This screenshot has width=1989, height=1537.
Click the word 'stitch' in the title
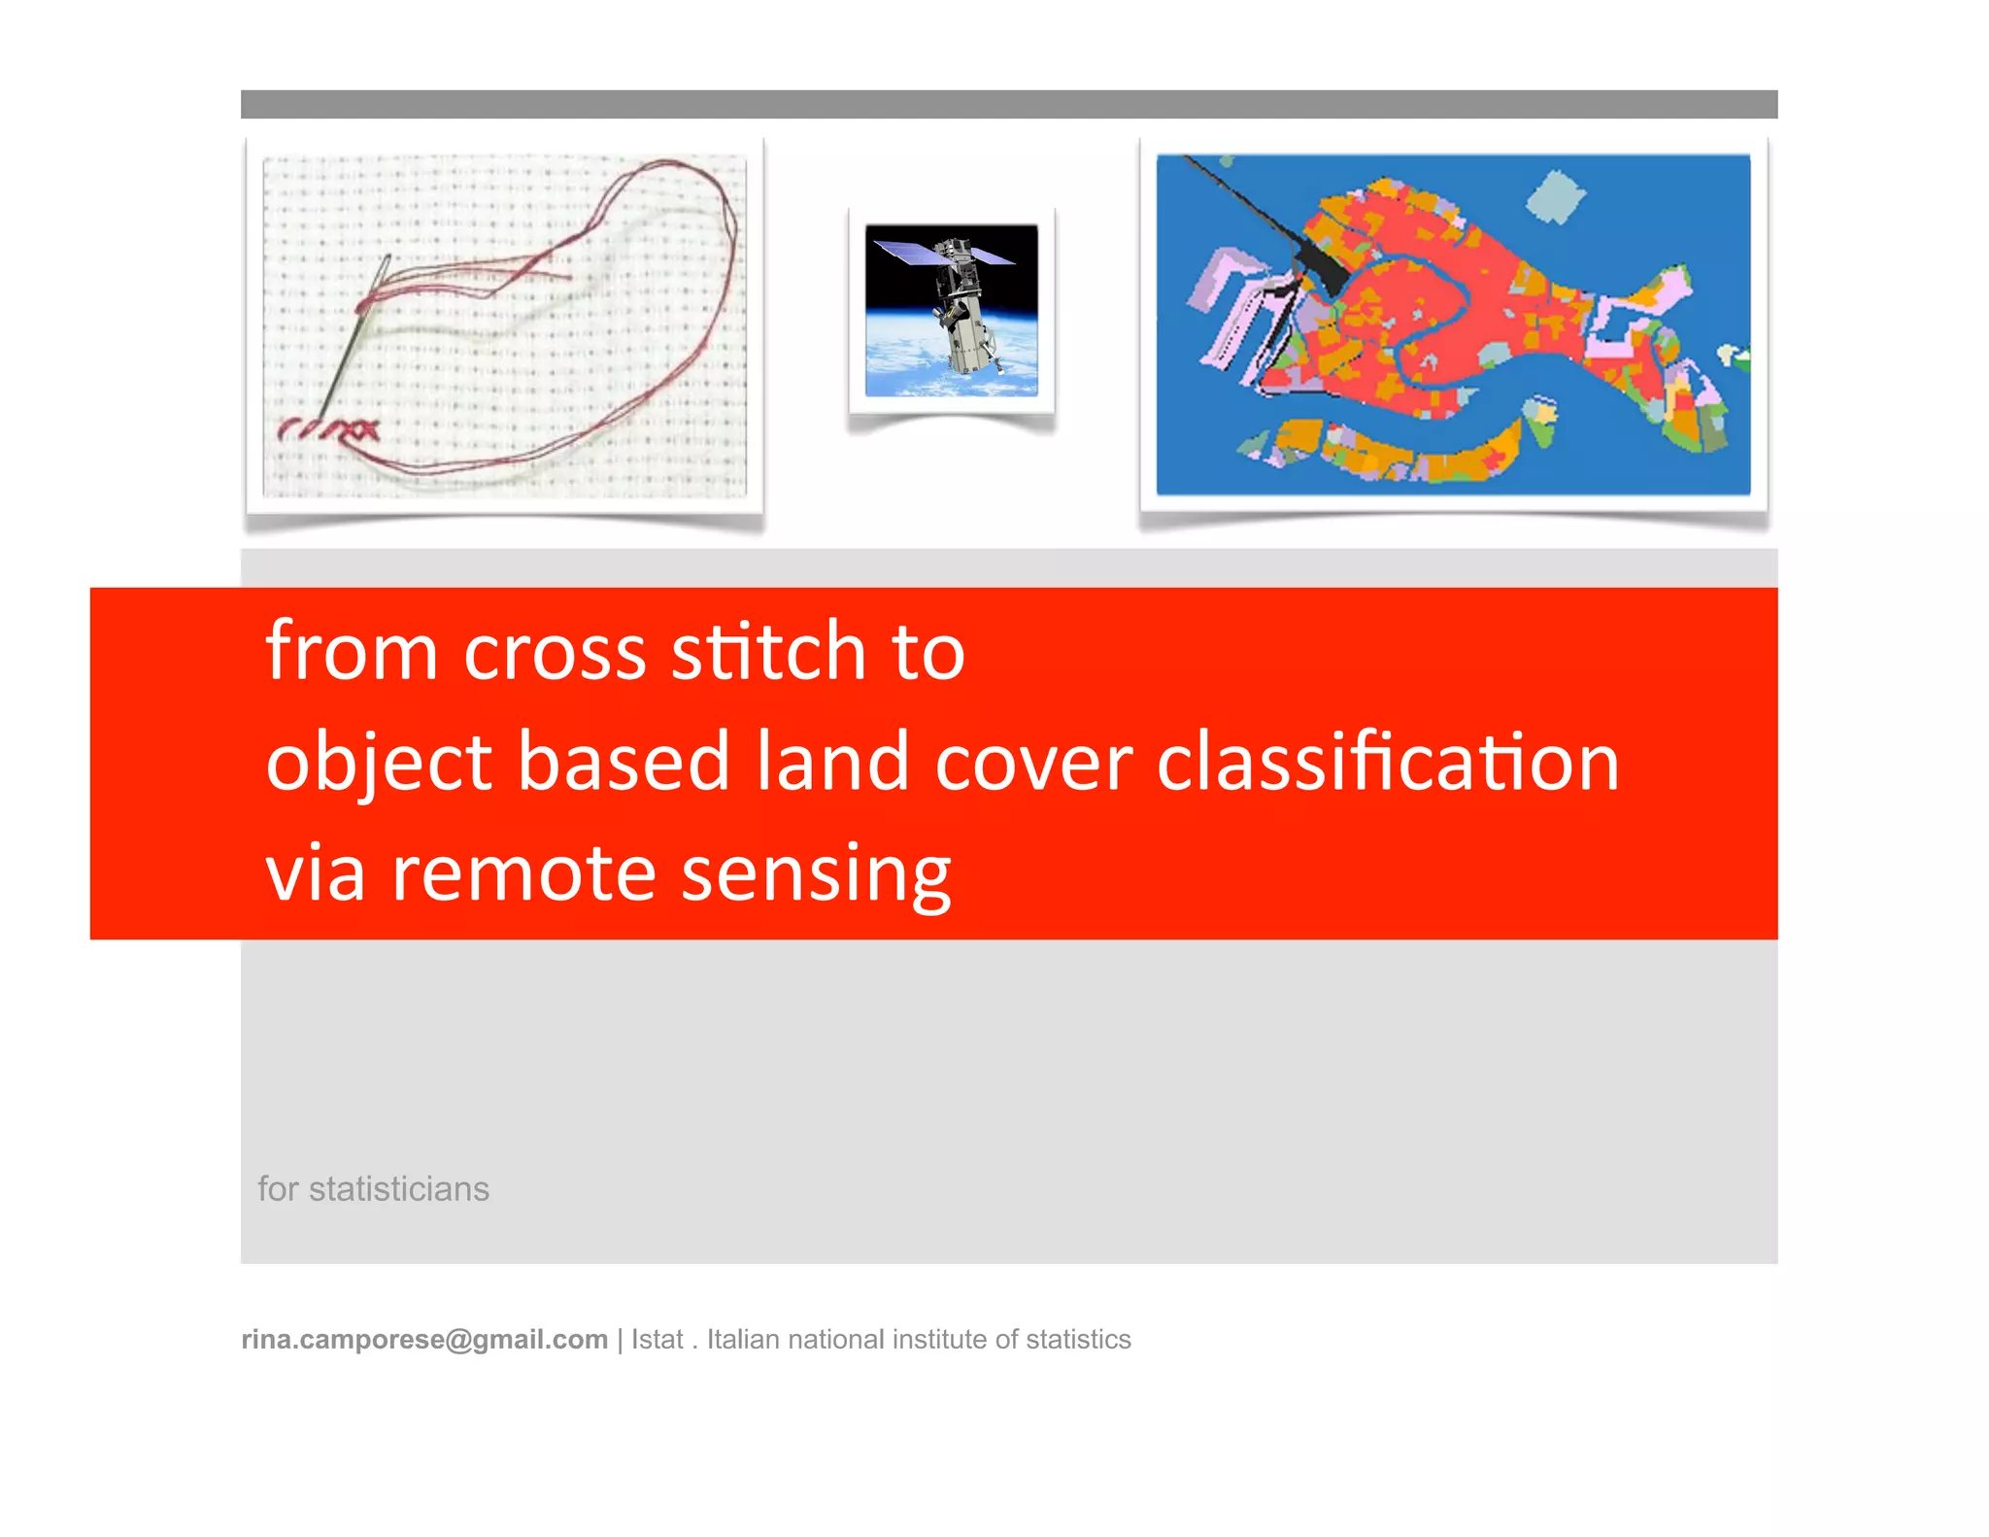click(767, 651)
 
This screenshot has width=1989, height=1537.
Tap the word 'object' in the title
click(378, 763)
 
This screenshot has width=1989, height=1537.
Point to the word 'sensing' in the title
click(815, 874)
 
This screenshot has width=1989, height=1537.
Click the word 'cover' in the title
click(1033, 763)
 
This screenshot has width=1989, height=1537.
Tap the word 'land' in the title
click(832, 763)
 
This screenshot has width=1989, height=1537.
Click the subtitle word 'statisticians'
click(398, 1189)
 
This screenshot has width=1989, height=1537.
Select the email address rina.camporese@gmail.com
click(424, 1340)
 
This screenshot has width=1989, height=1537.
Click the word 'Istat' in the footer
click(657, 1340)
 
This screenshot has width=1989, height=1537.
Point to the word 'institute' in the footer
click(939, 1340)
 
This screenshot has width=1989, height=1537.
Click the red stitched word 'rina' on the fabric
click(328, 427)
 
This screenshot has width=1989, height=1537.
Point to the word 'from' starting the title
click(351, 651)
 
